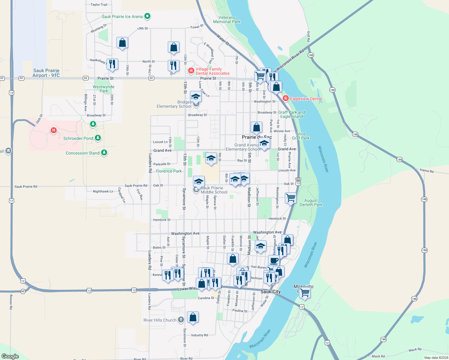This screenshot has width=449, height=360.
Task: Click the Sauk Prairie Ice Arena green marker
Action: [x=147, y=16]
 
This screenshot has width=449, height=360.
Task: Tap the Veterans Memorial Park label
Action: [x=227, y=20]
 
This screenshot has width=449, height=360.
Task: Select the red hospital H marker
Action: [x=54, y=130]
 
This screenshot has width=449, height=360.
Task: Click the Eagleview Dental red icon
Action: [x=286, y=98]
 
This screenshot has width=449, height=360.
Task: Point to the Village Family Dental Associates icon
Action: [x=191, y=71]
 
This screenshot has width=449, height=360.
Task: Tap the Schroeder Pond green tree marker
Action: [x=98, y=138]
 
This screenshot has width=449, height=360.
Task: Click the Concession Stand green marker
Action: [x=104, y=152]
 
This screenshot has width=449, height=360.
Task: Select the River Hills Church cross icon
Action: [x=181, y=320]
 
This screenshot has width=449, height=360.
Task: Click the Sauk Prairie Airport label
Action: [x=46, y=73]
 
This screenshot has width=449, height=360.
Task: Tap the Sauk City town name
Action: [x=270, y=292]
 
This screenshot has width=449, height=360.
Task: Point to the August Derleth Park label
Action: [x=311, y=202]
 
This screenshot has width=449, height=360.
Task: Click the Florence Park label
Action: [x=169, y=171]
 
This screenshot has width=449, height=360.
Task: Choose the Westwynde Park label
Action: [x=104, y=89]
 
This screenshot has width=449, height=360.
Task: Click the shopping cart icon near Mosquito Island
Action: [x=305, y=292]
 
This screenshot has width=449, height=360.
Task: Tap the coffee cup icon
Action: [x=274, y=260]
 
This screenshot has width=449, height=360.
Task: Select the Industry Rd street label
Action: [x=200, y=335]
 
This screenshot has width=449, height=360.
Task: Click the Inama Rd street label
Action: [x=426, y=171]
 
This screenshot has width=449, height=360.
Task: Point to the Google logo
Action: [x=10, y=356]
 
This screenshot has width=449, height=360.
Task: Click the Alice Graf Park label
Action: [x=301, y=136]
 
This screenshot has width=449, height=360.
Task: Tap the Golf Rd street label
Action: [x=309, y=36]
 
